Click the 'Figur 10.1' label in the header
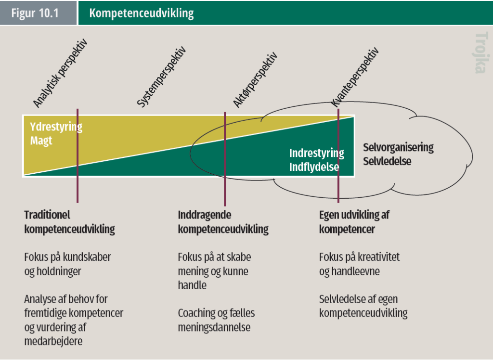(35, 13)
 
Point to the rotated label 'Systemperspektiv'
(161, 77)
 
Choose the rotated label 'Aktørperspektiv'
(256, 79)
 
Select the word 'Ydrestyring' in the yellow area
(56, 128)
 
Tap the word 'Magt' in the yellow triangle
(41, 141)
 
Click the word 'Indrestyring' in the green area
(316, 154)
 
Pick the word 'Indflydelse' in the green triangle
(314, 167)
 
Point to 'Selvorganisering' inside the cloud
(398, 147)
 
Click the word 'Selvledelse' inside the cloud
(387, 161)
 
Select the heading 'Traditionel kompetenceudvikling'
(69, 222)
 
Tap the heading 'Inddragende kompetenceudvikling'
(223, 222)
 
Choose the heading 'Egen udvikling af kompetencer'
(354, 222)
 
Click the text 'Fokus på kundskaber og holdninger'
(67, 264)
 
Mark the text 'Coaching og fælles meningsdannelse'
(216, 320)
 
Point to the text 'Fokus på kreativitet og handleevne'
(359, 264)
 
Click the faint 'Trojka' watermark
(480, 53)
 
